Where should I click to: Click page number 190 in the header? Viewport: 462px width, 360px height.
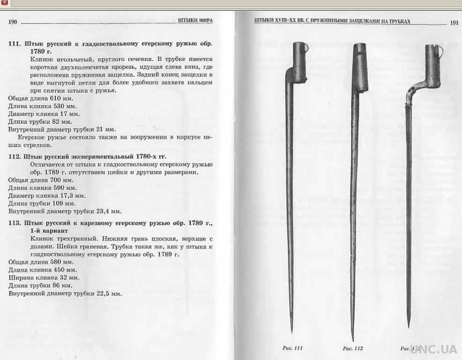13,22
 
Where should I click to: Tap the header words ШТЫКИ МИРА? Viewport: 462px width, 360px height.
195,21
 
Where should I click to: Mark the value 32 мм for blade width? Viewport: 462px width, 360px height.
68,277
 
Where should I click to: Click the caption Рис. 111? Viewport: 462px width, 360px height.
292,348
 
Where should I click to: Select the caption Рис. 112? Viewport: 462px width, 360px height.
353,348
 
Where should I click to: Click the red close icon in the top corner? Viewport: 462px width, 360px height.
4,3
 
